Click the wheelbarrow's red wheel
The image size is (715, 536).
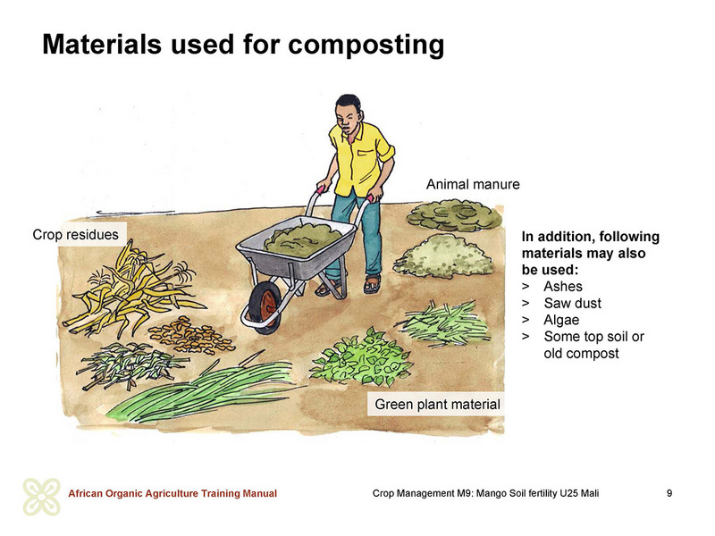[x=265, y=306]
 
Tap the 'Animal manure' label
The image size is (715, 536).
[x=473, y=184]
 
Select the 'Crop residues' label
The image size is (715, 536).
[x=75, y=234]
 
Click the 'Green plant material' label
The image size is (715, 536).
[x=437, y=405]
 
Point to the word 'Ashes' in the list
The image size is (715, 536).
[x=563, y=286]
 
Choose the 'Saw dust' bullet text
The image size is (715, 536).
[x=572, y=303]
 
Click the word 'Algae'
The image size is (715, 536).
[x=561, y=320]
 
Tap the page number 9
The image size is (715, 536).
[x=669, y=493]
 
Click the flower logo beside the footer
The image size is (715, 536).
[x=41, y=497]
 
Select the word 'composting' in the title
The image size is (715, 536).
[x=366, y=46]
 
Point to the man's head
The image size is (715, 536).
[x=349, y=113]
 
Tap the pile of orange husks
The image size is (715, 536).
[x=191, y=336]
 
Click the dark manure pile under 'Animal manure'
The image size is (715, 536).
[x=454, y=214]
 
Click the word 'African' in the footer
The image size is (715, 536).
[x=85, y=493]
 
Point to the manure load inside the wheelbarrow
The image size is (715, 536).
[x=304, y=239]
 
